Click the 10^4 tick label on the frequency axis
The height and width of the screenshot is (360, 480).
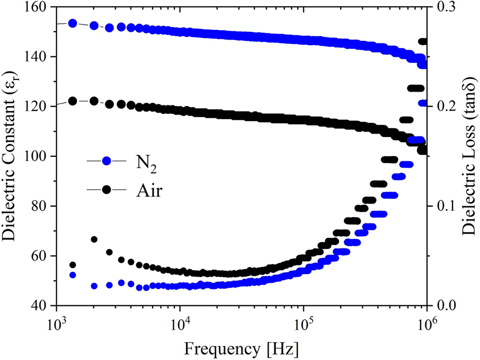coord(180,323)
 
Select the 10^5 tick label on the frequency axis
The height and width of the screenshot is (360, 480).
coord(304,323)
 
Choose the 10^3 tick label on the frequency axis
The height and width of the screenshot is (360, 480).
coord(56,323)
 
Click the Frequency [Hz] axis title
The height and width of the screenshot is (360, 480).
coord(241,349)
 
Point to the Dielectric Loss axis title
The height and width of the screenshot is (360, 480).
coord(469,156)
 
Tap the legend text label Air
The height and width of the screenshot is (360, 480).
coord(149,190)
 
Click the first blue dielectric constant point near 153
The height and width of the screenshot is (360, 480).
coord(73,23)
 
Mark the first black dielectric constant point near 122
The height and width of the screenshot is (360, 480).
coord(73,101)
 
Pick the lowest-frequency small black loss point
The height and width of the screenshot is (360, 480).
coord(73,265)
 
